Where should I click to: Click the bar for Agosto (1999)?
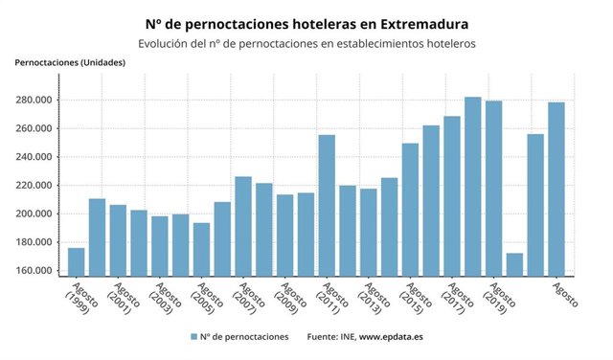point(77,260)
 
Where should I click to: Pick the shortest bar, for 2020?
point(514,263)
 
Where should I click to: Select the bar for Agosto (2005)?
point(201,248)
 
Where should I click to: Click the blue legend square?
point(193,337)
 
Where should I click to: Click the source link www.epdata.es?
point(393,337)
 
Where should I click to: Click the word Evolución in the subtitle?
point(165,43)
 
